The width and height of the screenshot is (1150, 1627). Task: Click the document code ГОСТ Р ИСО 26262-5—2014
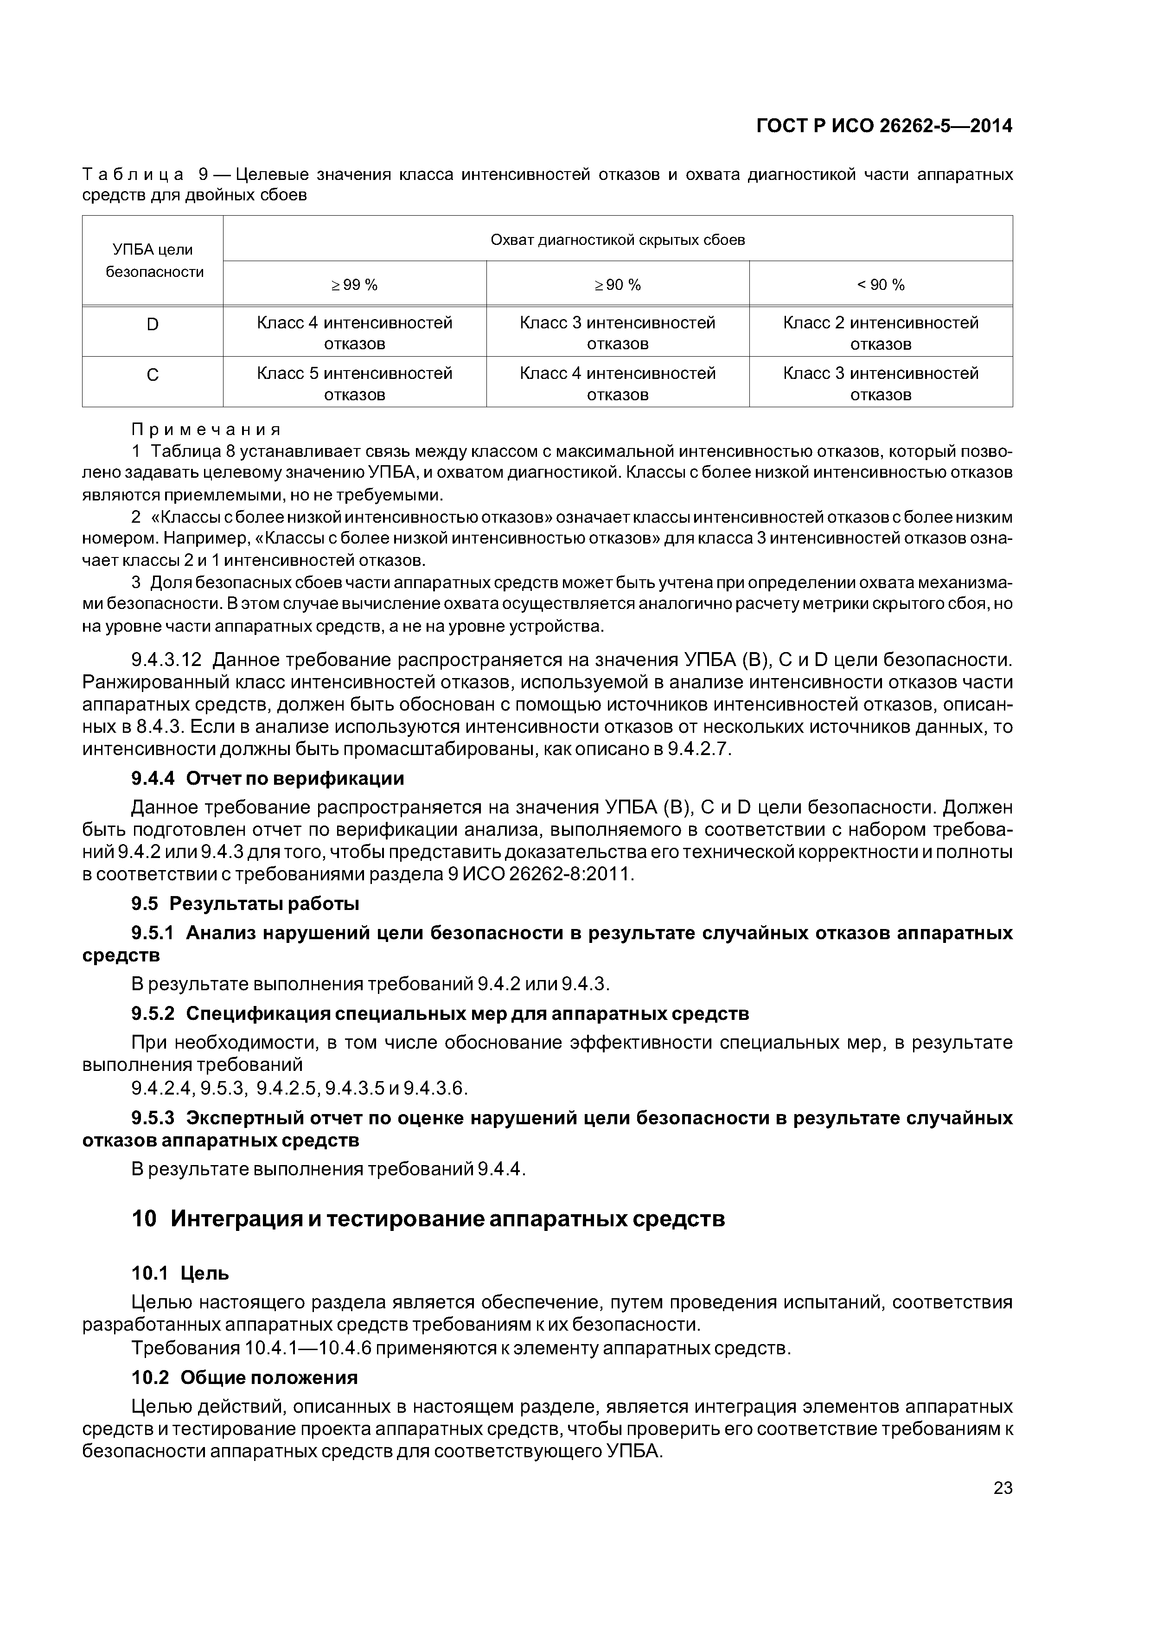(884, 126)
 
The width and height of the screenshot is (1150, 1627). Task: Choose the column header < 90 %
(881, 285)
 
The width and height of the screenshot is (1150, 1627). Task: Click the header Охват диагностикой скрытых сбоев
(617, 239)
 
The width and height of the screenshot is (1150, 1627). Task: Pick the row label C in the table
(153, 375)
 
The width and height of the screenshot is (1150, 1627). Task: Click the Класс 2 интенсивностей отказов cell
(881, 333)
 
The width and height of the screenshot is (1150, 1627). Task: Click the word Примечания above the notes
(206, 429)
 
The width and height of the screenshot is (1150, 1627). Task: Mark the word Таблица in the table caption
(133, 174)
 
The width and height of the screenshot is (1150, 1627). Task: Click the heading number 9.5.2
(153, 1013)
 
